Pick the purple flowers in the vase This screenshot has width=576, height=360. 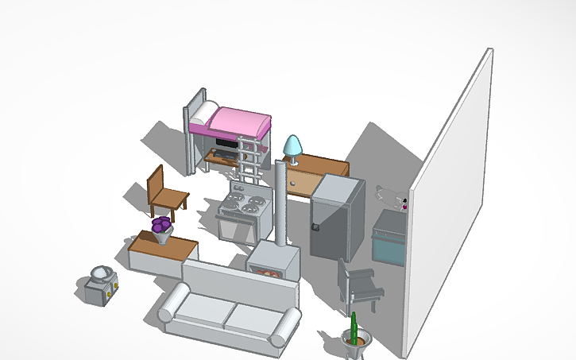[x=162, y=225]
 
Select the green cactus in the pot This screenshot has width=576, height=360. [x=354, y=327]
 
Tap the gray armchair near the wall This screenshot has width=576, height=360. [x=358, y=282]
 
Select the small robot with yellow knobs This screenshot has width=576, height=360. [x=102, y=285]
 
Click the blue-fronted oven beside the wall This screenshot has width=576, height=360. [x=389, y=246]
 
